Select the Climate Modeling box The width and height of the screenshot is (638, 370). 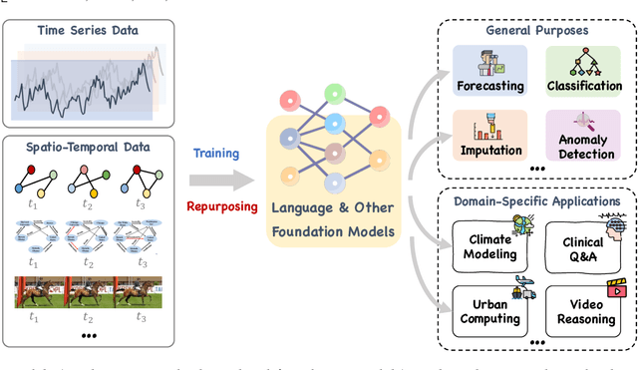488,246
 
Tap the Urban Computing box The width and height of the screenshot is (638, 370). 488,310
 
